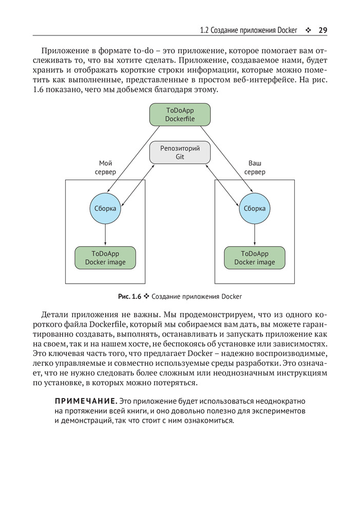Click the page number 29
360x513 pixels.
pos(323,30)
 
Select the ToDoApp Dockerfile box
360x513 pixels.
pos(180,114)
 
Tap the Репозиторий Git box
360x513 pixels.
pos(180,152)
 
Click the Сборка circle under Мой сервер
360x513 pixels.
pos(105,209)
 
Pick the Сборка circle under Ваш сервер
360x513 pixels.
pos(255,209)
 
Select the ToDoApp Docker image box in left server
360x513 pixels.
pos(105,258)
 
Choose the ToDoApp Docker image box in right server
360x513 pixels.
pos(255,258)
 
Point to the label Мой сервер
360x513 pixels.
pos(105,167)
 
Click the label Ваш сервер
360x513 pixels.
pos(255,167)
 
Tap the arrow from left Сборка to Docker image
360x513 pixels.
pos(105,235)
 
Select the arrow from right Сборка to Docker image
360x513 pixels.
pos(255,235)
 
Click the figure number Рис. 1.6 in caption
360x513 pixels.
pos(129,297)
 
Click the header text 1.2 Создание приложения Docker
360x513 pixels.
pos(248,30)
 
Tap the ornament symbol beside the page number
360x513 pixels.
pos(308,30)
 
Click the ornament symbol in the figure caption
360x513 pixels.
pos(146,297)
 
